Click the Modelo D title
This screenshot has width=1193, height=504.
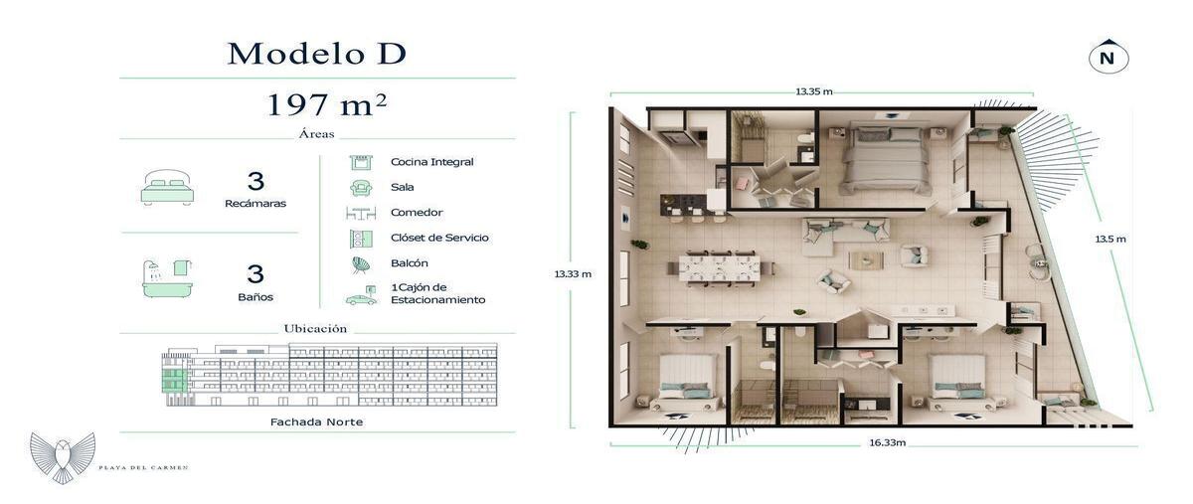317,54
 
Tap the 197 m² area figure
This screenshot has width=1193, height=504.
326,104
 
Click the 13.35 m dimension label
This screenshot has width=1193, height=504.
814,91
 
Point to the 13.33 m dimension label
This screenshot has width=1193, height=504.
573,274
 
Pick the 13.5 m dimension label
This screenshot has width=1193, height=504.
1110,240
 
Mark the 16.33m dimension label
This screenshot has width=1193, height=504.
887,442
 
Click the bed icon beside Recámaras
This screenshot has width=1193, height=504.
167,188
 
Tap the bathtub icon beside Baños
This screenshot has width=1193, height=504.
167,278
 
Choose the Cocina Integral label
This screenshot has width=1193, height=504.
431,162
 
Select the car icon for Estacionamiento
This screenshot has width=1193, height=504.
361,296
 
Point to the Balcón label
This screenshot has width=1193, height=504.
409,263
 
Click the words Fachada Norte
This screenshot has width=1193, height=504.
316,421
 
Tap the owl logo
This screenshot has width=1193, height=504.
63,458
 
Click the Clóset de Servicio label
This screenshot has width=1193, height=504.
439,238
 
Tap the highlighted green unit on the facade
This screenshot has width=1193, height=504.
174,381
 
